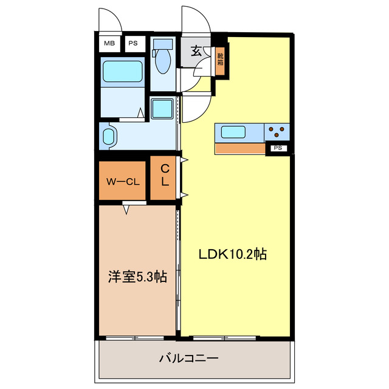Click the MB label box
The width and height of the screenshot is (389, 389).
109,44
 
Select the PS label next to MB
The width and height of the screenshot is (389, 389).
132,44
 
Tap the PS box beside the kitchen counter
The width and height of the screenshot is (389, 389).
278,148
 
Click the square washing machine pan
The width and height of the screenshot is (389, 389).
162,109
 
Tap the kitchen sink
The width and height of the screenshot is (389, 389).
233,132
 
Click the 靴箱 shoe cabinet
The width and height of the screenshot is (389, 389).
219,60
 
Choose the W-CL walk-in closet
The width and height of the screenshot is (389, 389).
123,181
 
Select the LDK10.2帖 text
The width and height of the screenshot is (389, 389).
233,254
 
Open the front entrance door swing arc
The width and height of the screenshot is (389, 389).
196,21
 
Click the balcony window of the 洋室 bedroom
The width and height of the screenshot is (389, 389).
134,337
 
